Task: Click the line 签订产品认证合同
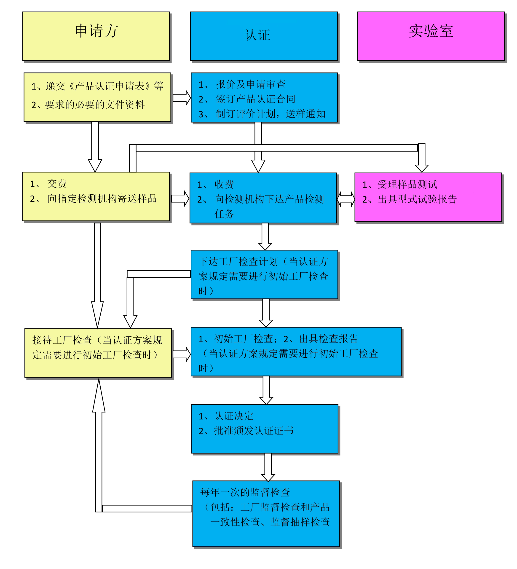[x=255, y=99]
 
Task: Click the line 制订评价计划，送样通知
[x=270, y=114]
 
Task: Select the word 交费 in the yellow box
[x=57, y=184]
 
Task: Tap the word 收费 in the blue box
[x=224, y=184]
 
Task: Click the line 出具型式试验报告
[x=417, y=199]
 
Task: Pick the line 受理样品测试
[x=407, y=185]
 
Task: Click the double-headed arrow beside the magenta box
[x=346, y=199]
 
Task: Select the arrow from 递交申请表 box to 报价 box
[x=182, y=98]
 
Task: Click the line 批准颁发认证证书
[x=253, y=431]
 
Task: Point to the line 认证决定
[x=233, y=416]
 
